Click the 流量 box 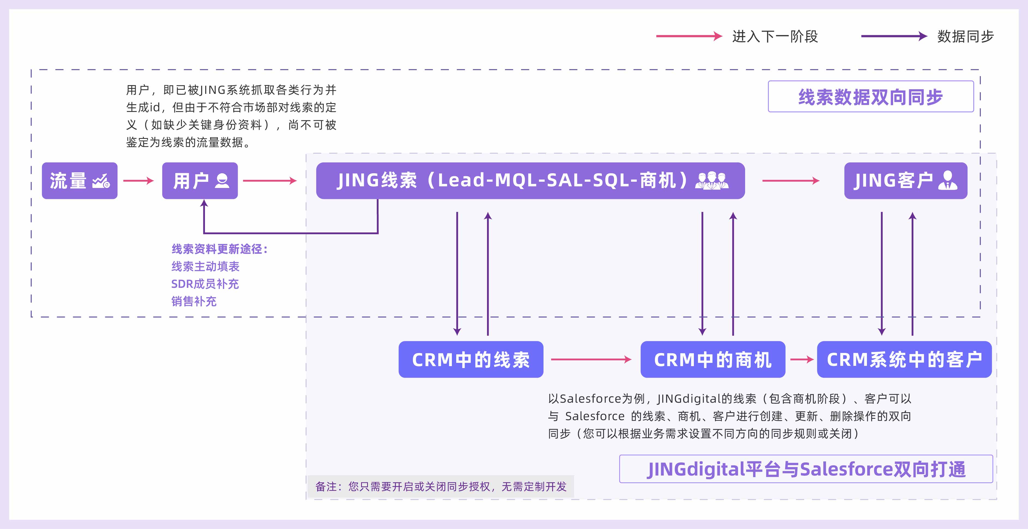pos(79,181)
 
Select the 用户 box pos(199,181)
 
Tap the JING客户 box pos(905,181)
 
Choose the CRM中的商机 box pos(712,359)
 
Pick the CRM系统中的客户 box pos(904,359)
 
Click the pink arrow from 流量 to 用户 pos(138,181)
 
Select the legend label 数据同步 pos(965,36)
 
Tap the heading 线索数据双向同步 pos(870,97)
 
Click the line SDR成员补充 pos(205,284)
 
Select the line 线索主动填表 pos(205,267)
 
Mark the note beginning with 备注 pos(441,486)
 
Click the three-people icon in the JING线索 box pos(712,181)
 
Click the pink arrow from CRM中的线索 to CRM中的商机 pos(591,359)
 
